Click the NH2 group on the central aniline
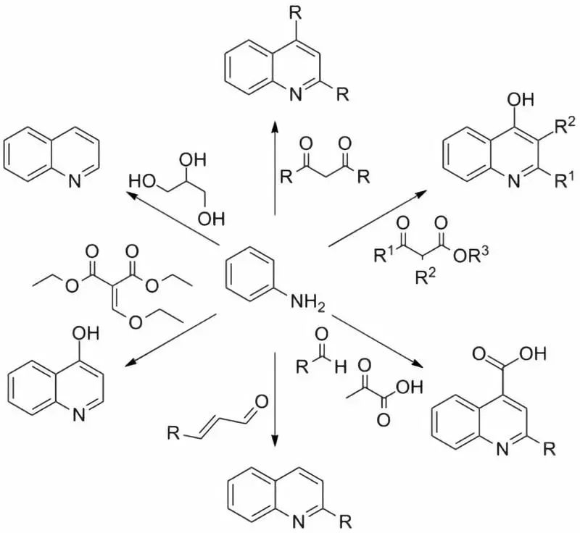[x=307, y=303]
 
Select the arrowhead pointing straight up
[x=275, y=126]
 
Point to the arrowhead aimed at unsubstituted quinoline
[x=132, y=195]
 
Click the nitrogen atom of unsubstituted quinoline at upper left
[x=75, y=181]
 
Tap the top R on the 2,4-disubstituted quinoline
[x=295, y=14]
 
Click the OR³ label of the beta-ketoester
[x=471, y=256]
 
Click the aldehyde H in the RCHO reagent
[x=340, y=367]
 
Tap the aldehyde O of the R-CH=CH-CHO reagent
[x=262, y=402]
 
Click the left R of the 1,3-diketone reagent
[x=286, y=177]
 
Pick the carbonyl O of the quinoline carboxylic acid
[x=479, y=355]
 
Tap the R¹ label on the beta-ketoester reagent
[x=384, y=253]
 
